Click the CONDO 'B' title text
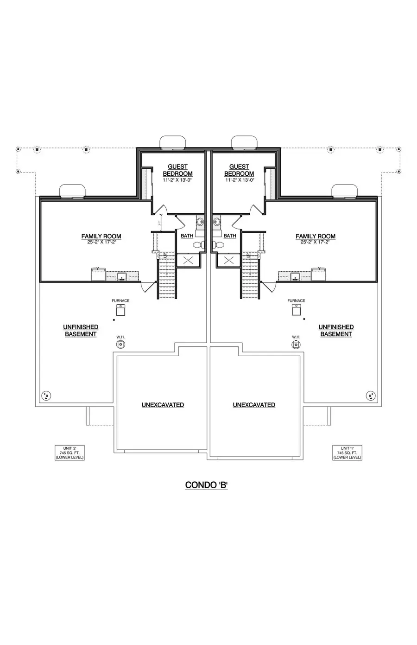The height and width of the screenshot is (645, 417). click(x=206, y=485)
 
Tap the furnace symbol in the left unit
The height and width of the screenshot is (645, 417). click(x=120, y=310)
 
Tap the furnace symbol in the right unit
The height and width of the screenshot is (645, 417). click(x=296, y=310)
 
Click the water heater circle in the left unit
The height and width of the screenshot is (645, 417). click(x=120, y=344)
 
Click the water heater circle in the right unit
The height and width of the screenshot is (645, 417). click(x=296, y=344)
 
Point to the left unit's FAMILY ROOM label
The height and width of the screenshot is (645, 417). click(x=101, y=236)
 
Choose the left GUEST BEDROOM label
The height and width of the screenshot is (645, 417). click(x=177, y=170)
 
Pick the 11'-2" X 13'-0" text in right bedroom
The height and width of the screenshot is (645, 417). click(x=240, y=180)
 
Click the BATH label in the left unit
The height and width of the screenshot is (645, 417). click(x=187, y=236)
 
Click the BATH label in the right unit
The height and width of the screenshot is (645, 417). click(x=230, y=236)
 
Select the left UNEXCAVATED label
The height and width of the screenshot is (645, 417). click(x=163, y=405)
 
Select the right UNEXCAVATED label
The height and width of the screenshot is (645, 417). click(x=254, y=405)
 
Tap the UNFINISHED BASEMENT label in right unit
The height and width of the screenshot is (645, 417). click(x=336, y=330)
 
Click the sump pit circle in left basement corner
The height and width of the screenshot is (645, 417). click(x=46, y=396)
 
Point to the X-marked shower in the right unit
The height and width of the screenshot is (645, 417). click(x=229, y=260)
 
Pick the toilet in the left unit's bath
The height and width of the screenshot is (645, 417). click(x=197, y=244)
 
